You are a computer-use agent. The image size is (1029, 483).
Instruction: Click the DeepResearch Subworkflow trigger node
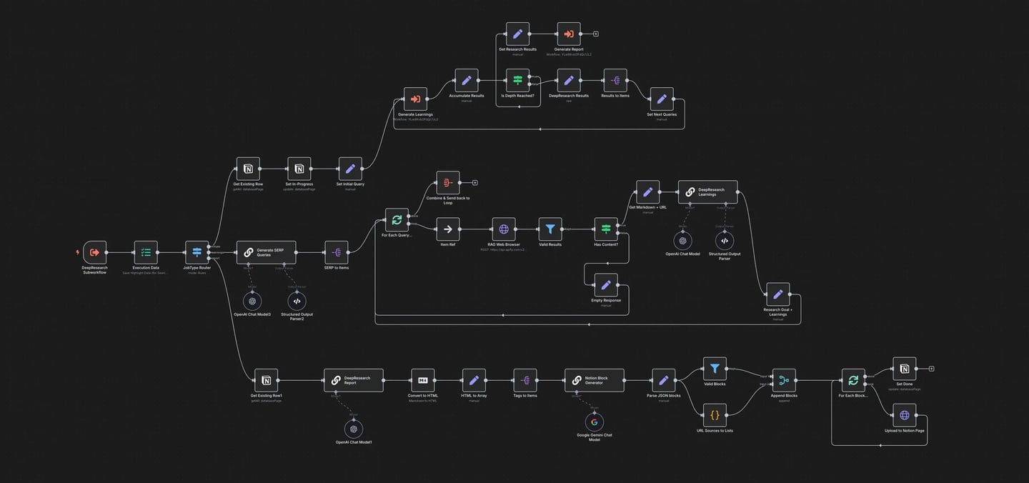[x=94, y=252]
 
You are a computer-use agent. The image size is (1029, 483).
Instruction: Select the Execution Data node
[x=146, y=252]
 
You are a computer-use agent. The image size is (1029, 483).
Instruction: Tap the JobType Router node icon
[x=197, y=252]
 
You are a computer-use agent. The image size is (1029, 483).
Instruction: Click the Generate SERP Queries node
[x=266, y=252]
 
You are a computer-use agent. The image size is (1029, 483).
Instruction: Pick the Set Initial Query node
[x=350, y=169]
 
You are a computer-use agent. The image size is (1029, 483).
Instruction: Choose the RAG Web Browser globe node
[x=504, y=229]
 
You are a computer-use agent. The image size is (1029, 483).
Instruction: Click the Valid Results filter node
[x=550, y=229]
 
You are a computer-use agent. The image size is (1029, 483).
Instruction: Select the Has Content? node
[x=606, y=229]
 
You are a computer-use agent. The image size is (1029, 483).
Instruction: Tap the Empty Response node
[x=606, y=285]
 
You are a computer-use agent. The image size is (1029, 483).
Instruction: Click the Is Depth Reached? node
[x=517, y=81]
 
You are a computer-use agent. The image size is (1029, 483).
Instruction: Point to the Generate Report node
[x=569, y=34]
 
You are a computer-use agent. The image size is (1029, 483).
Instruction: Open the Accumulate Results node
[x=467, y=81]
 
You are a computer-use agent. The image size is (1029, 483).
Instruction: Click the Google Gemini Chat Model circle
[x=594, y=422]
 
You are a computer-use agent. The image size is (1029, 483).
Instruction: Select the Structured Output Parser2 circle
[x=297, y=302]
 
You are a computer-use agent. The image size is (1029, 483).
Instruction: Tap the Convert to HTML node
[x=423, y=381]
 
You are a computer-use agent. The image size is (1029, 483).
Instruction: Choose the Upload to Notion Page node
[x=904, y=415]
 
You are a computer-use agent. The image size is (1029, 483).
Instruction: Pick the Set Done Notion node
[x=904, y=369]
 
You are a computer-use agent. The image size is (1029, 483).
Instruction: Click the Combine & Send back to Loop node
[x=448, y=183]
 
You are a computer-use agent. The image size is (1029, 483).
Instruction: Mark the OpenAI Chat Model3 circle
[x=252, y=302]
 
